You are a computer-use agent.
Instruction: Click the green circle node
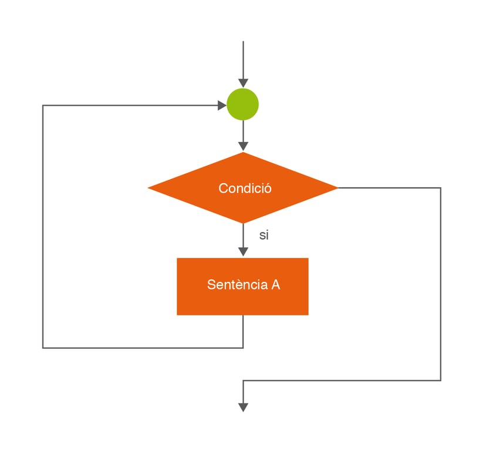(243, 105)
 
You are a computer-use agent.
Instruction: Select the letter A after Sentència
(275, 285)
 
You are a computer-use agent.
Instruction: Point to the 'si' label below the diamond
(264, 235)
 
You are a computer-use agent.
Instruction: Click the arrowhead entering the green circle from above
(243, 83)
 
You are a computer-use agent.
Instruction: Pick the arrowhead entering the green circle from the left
(222, 106)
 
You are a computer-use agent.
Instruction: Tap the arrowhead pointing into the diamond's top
(243, 146)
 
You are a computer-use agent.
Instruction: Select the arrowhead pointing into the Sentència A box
(243, 251)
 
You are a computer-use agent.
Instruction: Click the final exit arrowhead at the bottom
(243, 407)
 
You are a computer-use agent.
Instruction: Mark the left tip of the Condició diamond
(148, 188)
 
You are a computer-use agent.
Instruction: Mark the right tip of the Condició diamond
(338, 188)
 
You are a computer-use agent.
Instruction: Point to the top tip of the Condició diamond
(243, 152)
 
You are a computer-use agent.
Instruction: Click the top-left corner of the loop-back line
(43, 106)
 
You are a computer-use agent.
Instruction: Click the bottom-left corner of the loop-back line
(43, 348)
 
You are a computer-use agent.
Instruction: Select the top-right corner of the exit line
(440, 188)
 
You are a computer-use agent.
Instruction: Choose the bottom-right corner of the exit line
(440, 381)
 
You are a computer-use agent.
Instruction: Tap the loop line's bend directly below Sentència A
(243, 348)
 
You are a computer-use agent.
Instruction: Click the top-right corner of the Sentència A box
(308, 258)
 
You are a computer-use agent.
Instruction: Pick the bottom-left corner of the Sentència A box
(177, 315)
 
